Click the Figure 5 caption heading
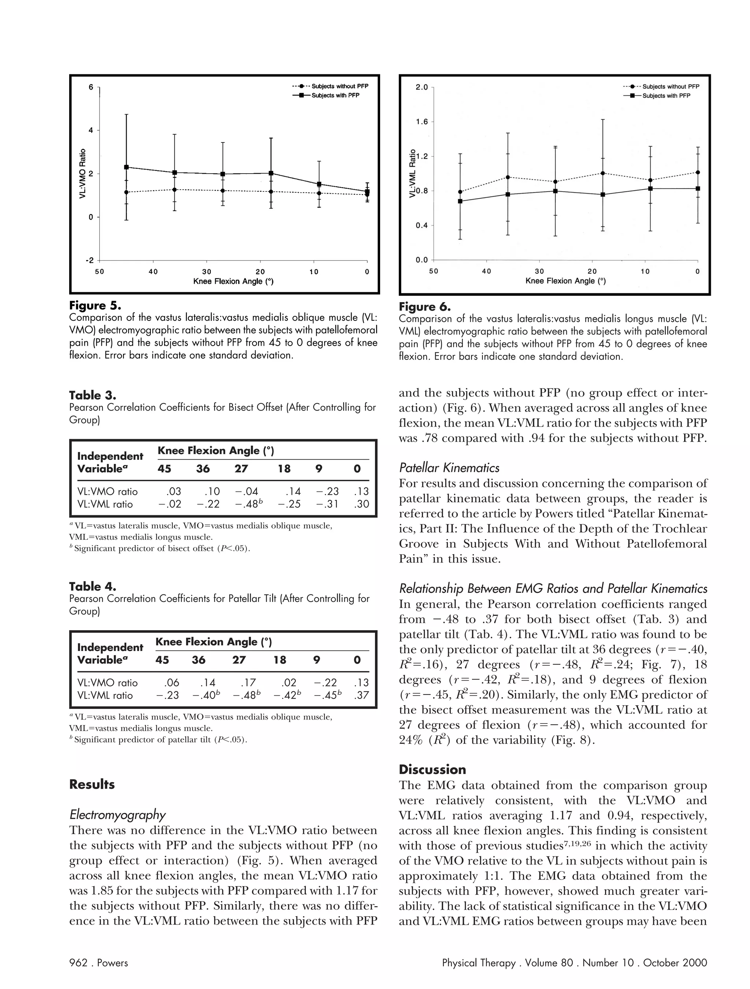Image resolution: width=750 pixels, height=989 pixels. pos(95,306)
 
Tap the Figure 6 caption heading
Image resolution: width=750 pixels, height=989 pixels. pos(424,307)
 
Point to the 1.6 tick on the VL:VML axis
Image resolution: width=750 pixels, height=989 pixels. pos(421,122)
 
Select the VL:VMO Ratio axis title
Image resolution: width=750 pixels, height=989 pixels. pos(82,174)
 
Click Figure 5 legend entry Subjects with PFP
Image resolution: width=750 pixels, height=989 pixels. pos(335,96)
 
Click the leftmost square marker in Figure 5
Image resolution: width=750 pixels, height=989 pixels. pos(127,167)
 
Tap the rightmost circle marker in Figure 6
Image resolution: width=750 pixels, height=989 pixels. pos(698,172)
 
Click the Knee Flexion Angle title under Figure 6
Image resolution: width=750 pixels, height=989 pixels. pos(565,281)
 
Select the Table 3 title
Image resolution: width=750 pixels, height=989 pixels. pos(92,395)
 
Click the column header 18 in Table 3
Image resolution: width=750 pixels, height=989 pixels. pos(284,469)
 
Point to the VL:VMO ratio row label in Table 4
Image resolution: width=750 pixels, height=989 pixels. pos(107,683)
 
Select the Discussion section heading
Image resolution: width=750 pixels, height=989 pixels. pos(432,769)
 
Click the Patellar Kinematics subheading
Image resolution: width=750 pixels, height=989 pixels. pos(449,468)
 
